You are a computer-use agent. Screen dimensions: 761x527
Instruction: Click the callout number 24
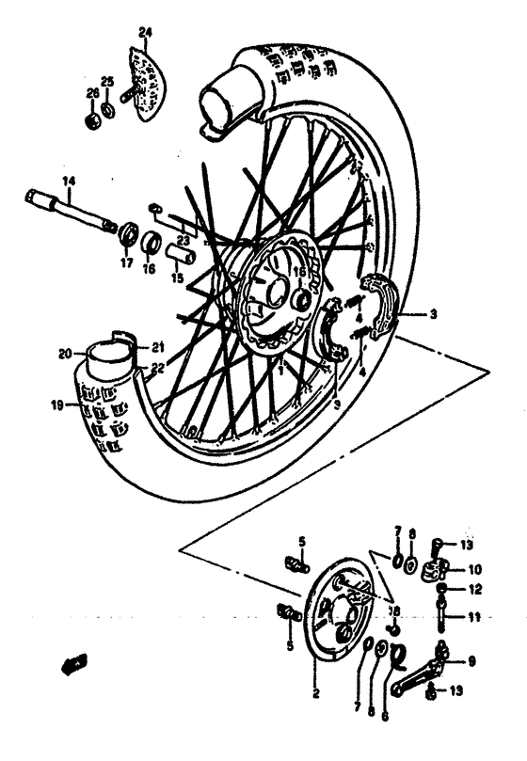144,33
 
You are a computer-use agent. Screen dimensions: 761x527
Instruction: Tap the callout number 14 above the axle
68,181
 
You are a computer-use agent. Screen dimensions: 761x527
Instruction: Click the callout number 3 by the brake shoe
434,314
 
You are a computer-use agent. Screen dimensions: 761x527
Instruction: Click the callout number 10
474,569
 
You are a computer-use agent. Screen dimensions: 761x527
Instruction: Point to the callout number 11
474,618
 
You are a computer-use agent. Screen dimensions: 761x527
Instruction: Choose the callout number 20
65,354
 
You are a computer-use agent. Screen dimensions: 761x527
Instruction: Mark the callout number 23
183,241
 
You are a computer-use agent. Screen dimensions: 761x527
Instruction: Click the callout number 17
126,264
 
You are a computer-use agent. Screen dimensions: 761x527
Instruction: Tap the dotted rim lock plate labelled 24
142,84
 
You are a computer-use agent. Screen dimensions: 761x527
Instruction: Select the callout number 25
106,83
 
